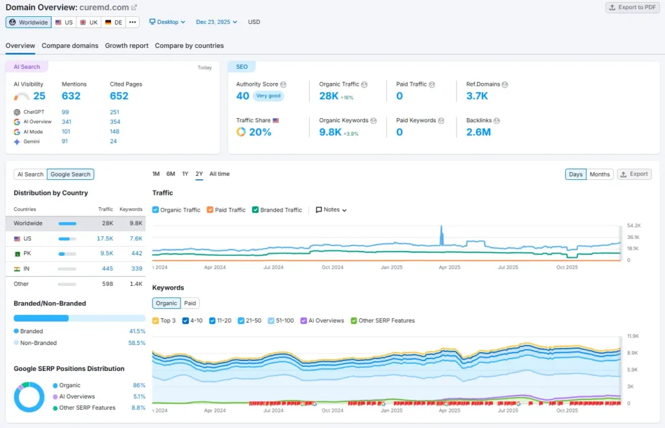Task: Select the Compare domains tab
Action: pyautogui.click(x=70, y=45)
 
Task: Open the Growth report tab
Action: pyautogui.click(x=127, y=45)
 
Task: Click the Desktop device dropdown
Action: pyautogui.click(x=168, y=22)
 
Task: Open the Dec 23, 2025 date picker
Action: pyautogui.click(x=216, y=22)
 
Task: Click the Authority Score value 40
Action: pyautogui.click(x=243, y=96)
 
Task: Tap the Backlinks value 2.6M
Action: pyautogui.click(x=479, y=132)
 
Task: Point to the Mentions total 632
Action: pyautogui.click(x=71, y=96)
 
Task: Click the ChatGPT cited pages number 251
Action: pyautogui.click(x=115, y=112)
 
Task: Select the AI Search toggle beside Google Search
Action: pyautogui.click(x=31, y=174)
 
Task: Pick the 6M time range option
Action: pyautogui.click(x=171, y=174)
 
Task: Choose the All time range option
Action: pyautogui.click(x=220, y=174)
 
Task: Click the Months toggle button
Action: pyautogui.click(x=599, y=174)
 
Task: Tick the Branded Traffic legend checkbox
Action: pyautogui.click(x=256, y=210)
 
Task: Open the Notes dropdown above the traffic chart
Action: pyautogui.click(x=331, y=210)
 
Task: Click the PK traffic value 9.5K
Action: pyautogui.click(x=107, y=253)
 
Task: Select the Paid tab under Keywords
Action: pyautogui.click(x=190, y=303)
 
